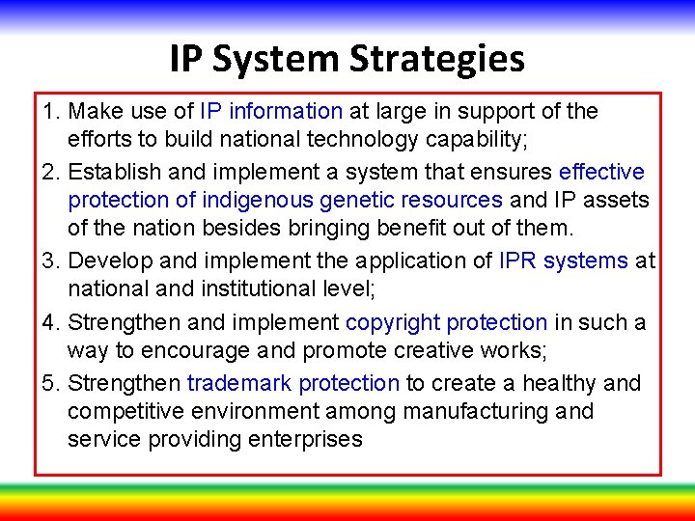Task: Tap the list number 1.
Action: pyautogui.click(x=49, y=112)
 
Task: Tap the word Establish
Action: pyautogui.click(x=114, y=173)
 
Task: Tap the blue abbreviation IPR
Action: pyautogui.click(x=520, y=261)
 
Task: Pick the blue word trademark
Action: pyautogui.click(x=239, y=384)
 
